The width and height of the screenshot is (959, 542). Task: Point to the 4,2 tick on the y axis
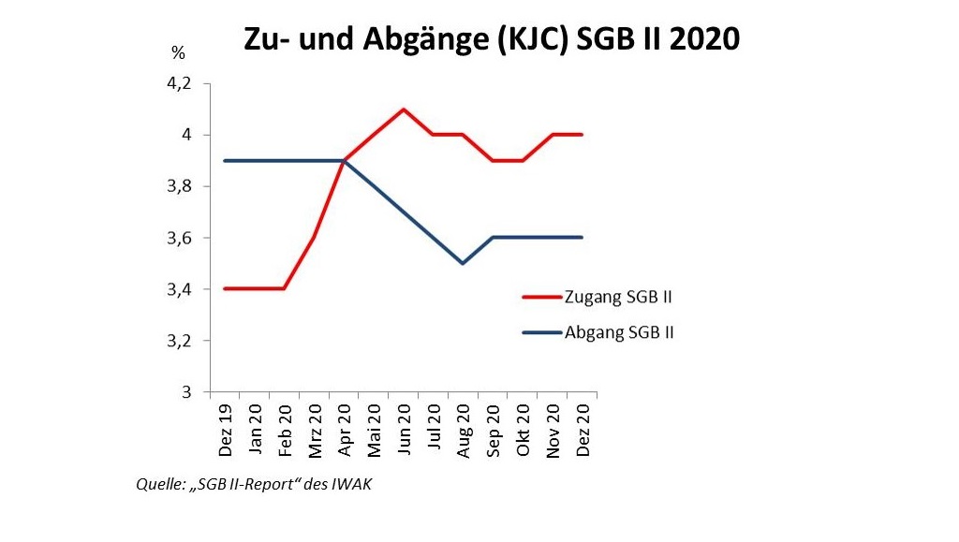point(178,83)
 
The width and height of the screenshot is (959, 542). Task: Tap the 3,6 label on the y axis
point(178,238)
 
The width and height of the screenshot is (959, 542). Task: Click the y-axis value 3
point(185,391)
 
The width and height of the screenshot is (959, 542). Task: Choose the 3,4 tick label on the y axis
point(178,289)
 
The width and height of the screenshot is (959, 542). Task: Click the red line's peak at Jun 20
point(404,110)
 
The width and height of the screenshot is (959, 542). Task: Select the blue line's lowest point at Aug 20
point(463,263)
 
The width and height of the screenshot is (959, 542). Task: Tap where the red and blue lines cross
point(345,160)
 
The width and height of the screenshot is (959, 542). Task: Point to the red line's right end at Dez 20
point(582,135)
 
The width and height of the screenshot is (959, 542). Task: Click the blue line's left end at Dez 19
point(225,160)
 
